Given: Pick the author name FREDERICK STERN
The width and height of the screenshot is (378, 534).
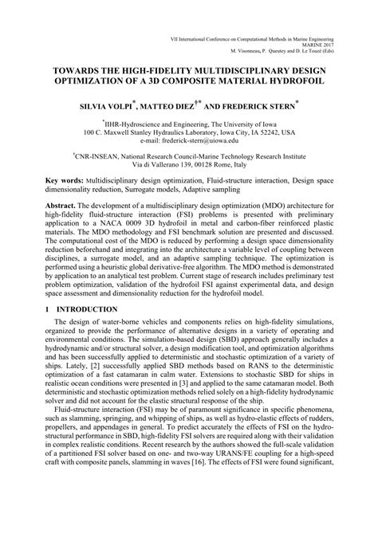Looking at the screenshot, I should click(260, 104).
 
